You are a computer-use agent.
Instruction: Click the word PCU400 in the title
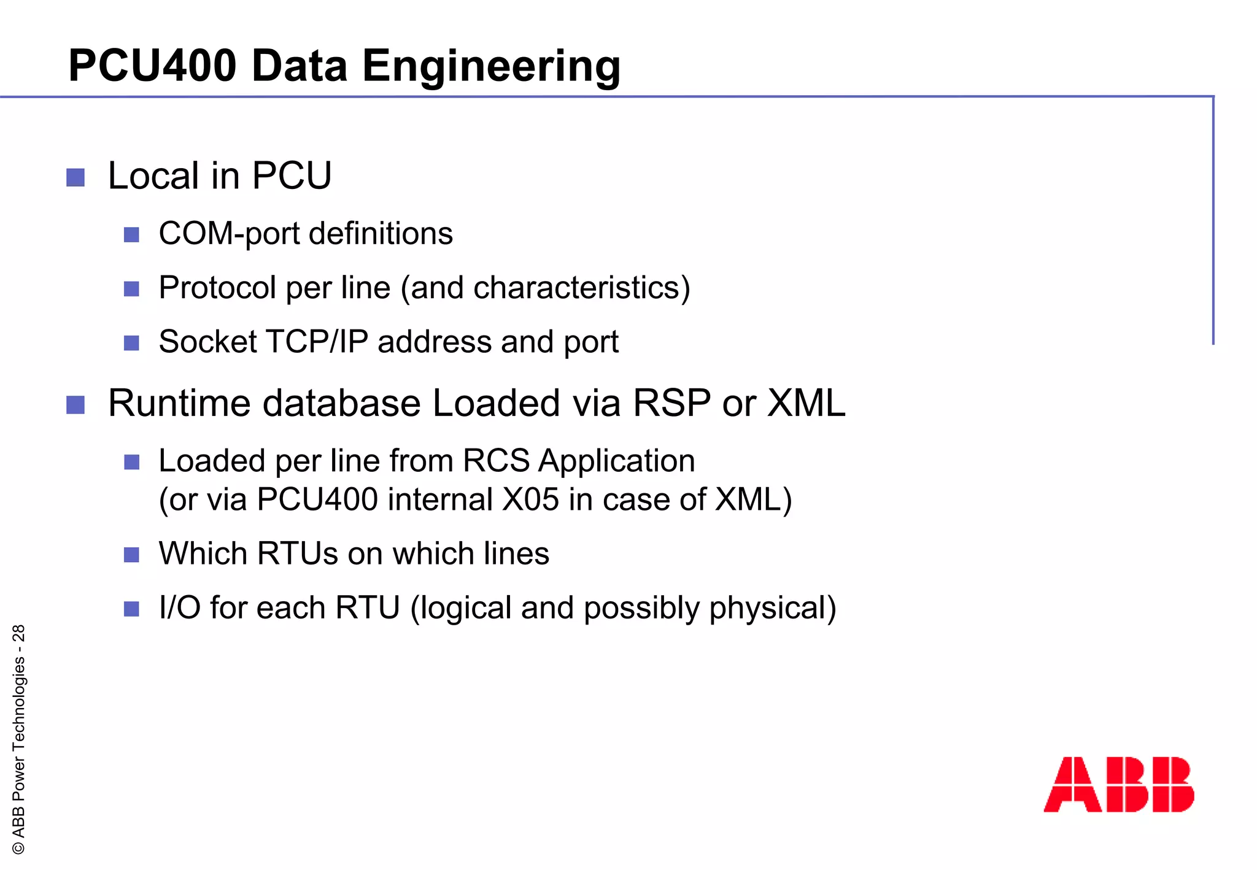[x=152, y=66]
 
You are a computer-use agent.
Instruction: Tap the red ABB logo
[x=1118, y=784]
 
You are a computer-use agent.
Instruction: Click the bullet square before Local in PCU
[x=75, y=178]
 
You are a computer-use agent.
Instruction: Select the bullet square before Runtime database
[x=75, y=405]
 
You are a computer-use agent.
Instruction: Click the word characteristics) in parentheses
[x=582, y=288]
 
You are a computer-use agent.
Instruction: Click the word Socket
[x=207, y=342]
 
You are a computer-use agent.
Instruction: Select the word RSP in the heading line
[x=671, y=404]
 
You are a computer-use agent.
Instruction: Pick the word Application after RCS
[x=616, y=461]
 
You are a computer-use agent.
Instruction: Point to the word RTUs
[x=297, y=553]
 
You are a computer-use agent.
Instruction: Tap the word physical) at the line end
[x=773, y=609]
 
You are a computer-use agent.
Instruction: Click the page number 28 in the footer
[x=19, y=633]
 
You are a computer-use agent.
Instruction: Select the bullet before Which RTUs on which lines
[x=131, y=555]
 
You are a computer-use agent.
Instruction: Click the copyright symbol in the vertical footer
[x=19, y=848]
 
